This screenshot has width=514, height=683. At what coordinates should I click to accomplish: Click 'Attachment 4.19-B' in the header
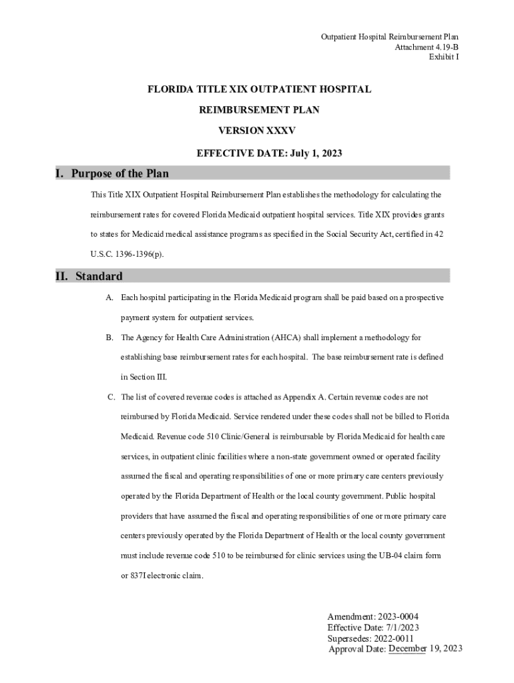tap(427, 47)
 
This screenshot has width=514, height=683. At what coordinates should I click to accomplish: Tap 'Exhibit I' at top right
tap(443, 57)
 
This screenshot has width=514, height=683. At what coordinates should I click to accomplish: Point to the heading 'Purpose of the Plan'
tap(120, 173)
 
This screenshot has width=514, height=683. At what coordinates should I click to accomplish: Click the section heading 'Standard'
tap(99, 275)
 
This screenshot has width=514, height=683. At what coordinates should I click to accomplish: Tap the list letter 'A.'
tap(109, 297)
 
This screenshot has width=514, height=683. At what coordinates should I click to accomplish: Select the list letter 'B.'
tap(109, 337)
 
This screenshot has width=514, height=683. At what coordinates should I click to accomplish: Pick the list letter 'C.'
tap(112, 398)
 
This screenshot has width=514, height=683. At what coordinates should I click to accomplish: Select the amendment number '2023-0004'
tap(397, 616)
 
